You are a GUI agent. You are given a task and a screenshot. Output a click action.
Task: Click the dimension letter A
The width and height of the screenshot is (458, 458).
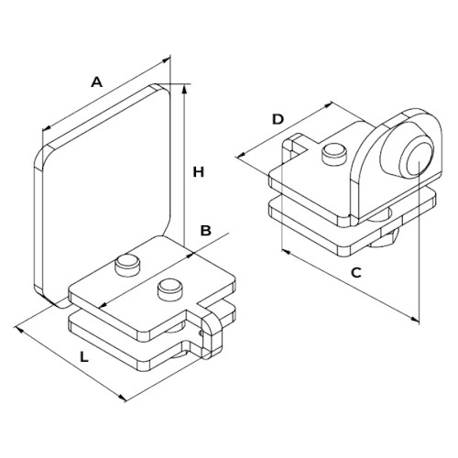click(97, 82)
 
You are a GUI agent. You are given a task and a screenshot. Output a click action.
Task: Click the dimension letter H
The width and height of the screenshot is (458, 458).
click(199, 172)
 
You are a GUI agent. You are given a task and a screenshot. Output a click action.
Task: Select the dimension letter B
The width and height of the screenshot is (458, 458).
click(205, 231)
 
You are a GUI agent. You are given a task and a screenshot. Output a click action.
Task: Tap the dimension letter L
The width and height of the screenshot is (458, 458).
click(84, 357)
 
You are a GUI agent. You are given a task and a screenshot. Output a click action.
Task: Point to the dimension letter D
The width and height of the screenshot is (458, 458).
click(278, 119)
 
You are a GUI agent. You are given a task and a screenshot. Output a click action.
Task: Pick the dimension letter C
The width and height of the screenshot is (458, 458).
click(356, 273)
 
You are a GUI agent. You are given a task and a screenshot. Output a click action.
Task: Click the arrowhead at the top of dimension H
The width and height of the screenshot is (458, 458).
click(184, 89)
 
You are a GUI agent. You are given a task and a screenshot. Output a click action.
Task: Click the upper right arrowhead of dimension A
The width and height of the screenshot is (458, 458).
click(166, 60)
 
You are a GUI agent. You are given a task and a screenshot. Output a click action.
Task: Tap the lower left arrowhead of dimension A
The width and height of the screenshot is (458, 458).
click(47, 128)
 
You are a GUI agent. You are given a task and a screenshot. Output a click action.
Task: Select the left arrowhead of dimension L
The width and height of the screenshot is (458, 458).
click(19, 329)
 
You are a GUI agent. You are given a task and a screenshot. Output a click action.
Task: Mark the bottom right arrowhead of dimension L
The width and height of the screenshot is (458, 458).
click(122, 398)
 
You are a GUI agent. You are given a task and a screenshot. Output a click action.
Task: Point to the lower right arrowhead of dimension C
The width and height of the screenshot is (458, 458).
click(415, 319)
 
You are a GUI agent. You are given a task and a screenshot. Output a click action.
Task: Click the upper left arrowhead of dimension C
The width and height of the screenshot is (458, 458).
click(286, 251)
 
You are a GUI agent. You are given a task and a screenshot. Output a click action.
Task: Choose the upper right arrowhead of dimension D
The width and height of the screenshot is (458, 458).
click(328, 104)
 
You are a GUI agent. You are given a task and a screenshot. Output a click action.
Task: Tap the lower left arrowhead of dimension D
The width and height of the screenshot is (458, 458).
click(242, 155)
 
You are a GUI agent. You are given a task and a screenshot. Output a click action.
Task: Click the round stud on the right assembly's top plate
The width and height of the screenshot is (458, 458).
click(334, 154)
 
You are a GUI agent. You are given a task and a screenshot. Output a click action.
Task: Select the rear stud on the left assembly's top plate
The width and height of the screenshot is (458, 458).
click(126, 266)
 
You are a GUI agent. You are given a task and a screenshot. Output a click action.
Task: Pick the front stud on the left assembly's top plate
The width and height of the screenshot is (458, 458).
click(169, 289)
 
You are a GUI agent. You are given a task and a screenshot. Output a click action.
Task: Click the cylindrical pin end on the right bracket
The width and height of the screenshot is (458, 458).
click(417, 158)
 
